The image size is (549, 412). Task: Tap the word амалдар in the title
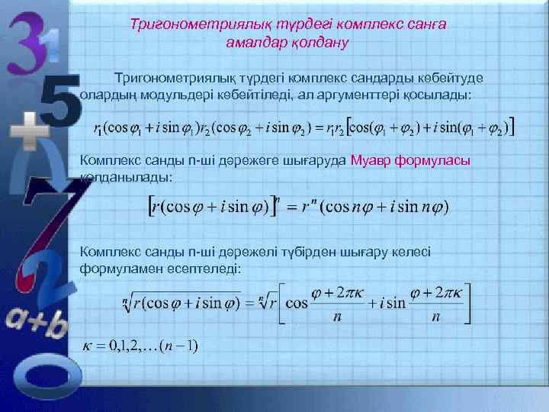[255, 43]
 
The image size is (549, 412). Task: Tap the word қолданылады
[125, 177]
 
